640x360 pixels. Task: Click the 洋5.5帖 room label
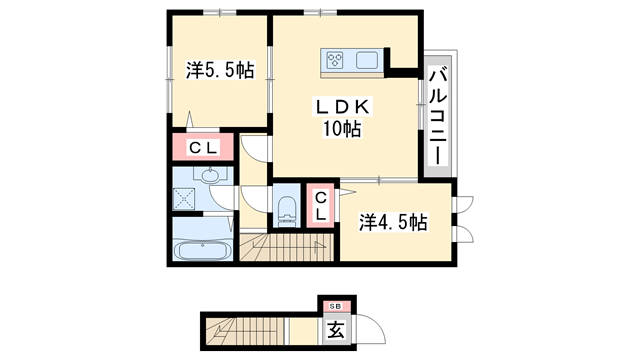219,70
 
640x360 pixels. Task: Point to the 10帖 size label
341,129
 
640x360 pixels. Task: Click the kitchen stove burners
335,60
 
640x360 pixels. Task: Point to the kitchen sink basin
366,60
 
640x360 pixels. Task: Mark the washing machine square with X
184,198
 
